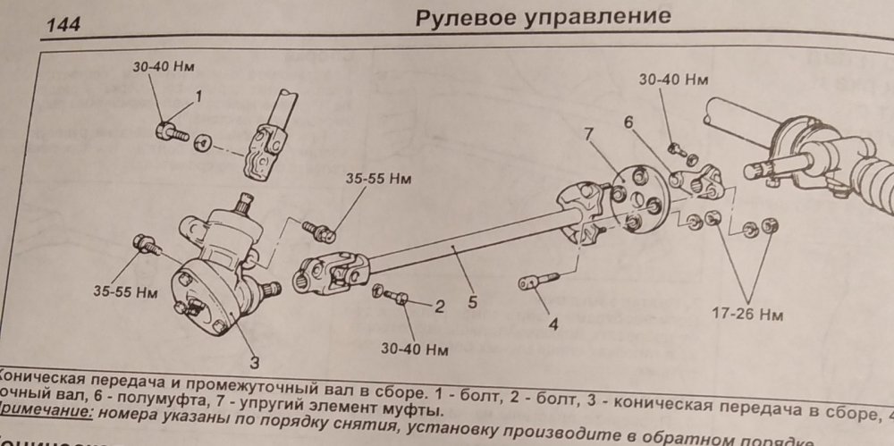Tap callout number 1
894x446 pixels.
pyautogui.click(x=198, y=95)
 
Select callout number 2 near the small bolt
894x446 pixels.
pyautogui.click(x=439, y=307)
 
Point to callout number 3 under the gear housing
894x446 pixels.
pyautogui.click(x=254, y=362)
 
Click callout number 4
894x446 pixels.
pyautogui.click(x=553, y=324)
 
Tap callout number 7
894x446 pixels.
pyautogui.click(x=589, y=135)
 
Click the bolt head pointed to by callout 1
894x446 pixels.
pyautogui.click(x=164, y=130)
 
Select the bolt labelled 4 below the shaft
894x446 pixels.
pyautogui.click(x=534, y=282)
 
